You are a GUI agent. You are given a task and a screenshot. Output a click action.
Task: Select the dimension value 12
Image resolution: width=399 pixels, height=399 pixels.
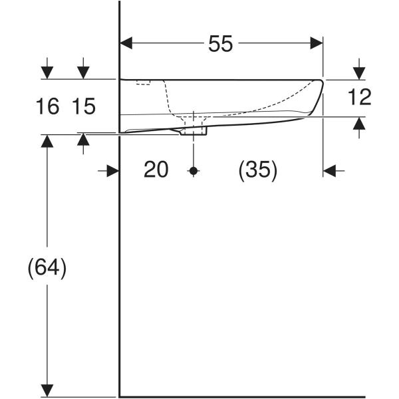pyautogui.click(x=359, y=98)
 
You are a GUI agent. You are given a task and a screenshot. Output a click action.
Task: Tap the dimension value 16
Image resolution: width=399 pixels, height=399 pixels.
pyautogui.click(x=48, y=105)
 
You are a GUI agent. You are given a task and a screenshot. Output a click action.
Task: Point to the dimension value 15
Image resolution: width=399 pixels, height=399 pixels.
pyautogui.click(x=84, y=105)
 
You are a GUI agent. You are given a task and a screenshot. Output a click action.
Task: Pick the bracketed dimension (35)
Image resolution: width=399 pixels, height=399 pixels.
pyautogui.click(x=258, y=170)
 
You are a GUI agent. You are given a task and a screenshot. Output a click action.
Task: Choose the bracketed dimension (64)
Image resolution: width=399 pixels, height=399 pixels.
pyautogui.click(x=47, y=268)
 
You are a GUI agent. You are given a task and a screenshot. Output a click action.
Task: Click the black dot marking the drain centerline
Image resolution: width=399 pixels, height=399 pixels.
pyautogui.click(x=194, y=171)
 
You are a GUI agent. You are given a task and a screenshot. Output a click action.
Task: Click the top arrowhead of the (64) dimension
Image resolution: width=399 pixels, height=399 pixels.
pyautogui.click(x=47, y=140)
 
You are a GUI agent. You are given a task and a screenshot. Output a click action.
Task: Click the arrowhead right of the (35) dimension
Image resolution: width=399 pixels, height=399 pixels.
pyautogui.click(x=330, y=171)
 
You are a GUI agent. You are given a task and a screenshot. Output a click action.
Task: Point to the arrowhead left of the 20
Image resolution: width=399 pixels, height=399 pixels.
pyautogui.click(x=112, y=171)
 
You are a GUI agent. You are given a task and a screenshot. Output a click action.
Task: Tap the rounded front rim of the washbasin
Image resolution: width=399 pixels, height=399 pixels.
pyautogui.click(x=318, y=93)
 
